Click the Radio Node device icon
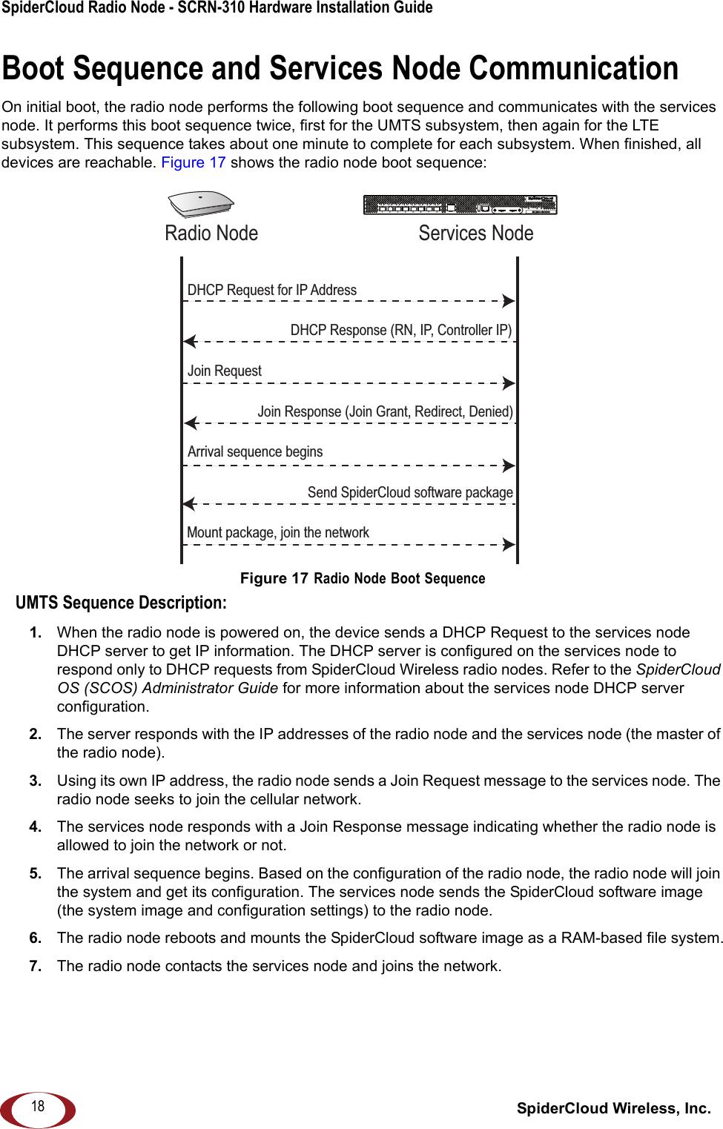201,204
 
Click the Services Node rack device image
460,205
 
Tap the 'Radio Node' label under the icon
211,234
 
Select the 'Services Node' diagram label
475,234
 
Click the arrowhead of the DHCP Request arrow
508,301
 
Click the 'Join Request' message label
224,371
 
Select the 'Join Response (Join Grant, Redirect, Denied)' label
385,411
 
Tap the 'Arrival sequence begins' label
254,451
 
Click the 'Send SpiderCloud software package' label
410,492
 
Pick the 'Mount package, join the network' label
277,532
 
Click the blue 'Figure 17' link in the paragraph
193,162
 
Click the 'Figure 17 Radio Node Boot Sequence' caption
363,578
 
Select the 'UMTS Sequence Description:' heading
121,603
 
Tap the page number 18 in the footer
38,1106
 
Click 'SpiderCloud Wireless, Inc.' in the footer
613,1108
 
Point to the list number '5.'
36,873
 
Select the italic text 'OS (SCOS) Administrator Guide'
168,688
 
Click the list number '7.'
36,966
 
